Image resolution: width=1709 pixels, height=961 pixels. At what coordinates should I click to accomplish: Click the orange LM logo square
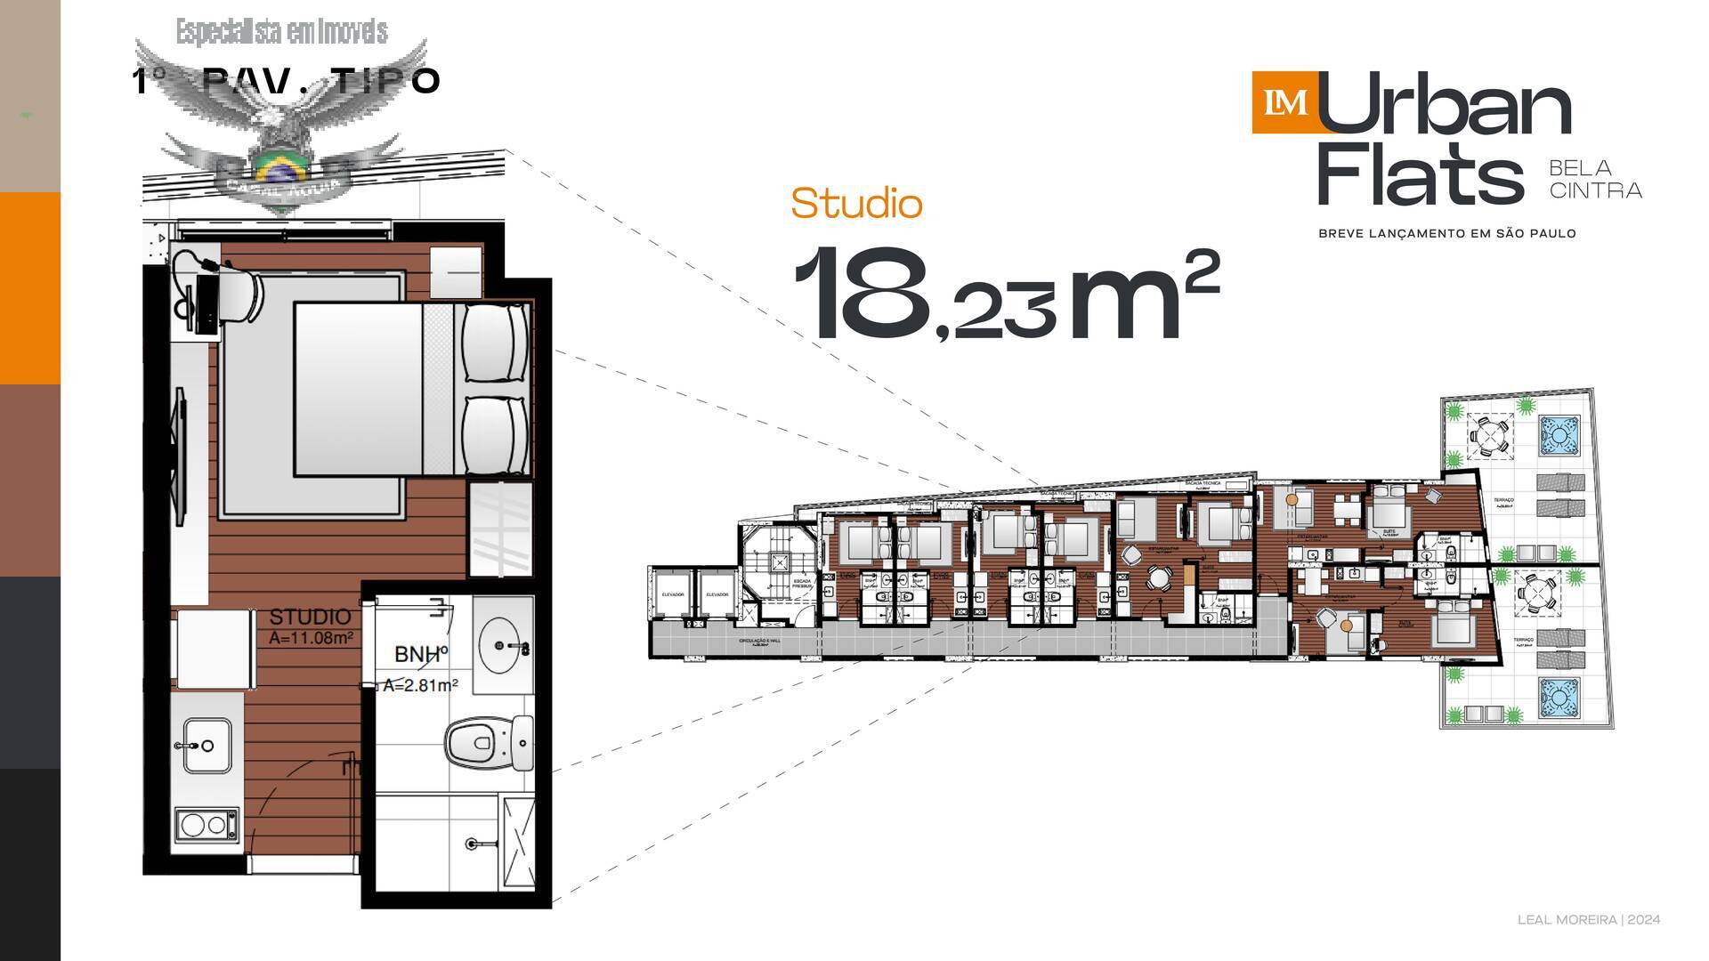click(1284, 102)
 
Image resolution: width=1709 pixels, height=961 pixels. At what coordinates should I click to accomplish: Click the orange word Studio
click(856, 204)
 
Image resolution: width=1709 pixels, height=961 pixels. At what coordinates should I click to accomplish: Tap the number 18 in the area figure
click(858, 294)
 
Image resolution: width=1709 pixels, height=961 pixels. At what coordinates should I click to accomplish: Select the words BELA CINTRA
click(1595, 179)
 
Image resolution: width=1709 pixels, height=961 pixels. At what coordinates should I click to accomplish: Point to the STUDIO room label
click(310, 617)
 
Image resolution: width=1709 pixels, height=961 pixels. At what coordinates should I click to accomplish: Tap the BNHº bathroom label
click(420, 655)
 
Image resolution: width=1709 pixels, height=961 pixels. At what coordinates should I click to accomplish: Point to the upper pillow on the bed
click(494, 343)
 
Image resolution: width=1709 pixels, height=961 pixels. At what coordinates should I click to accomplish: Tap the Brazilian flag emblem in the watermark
click(279, 166)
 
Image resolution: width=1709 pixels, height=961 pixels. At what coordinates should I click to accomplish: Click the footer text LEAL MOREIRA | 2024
click(1588, 920)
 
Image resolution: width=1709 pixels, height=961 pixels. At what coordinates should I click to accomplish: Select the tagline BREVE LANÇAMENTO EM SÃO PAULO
click(1446, 233)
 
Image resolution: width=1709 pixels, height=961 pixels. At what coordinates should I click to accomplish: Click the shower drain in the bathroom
click(471, 842)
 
